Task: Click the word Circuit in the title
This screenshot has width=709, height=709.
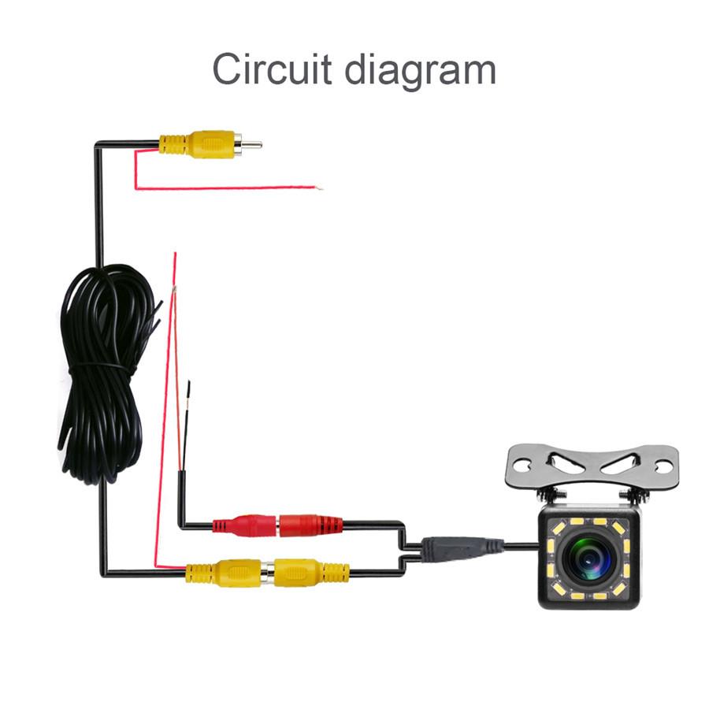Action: click(272, 69)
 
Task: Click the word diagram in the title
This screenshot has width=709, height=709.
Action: click(421, 71)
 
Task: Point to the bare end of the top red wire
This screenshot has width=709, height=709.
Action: click(320, 187)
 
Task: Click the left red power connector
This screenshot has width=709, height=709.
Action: click(244, 525)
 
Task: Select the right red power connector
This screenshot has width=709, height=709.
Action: click(311, 525)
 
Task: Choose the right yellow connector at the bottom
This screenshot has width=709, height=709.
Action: click(312, 573)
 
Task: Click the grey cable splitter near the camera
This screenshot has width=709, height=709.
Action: click(461, 548)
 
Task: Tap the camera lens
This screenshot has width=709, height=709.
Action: click(589, 559)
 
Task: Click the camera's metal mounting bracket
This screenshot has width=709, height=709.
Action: click(592, 466)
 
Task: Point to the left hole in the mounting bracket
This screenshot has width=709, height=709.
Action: click(525, 464)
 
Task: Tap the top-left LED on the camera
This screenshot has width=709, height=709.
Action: click(555, 527)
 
